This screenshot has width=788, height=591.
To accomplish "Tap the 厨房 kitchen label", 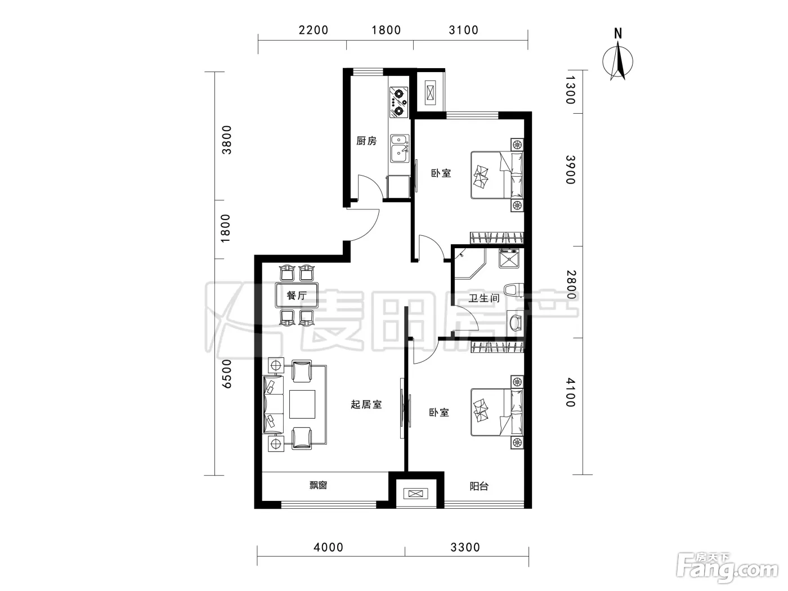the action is (366, 141).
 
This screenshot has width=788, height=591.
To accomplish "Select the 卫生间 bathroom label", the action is (483, 298).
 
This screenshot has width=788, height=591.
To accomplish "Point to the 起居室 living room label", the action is (366, 404).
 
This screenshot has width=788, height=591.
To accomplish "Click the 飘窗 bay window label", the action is (318, 485).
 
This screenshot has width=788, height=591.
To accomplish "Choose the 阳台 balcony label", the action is (479, 486).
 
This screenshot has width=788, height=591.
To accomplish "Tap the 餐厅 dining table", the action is (297, 295).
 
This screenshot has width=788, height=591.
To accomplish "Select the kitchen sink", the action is (400, 149).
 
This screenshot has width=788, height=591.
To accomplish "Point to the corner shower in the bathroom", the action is (469, 264).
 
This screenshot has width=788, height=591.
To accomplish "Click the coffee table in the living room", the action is (302, 404).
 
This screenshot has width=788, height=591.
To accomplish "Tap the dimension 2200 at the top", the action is (314, 30).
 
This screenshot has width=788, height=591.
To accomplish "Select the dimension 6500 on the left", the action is (227, 374).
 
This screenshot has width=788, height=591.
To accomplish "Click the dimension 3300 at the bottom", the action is (465, 547).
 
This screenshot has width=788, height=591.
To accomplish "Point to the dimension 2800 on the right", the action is (571, 285).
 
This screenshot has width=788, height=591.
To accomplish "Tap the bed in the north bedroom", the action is (497, 174).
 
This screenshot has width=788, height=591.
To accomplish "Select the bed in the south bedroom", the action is (497, 413).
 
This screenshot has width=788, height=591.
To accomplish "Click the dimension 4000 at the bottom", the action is (329, 547).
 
